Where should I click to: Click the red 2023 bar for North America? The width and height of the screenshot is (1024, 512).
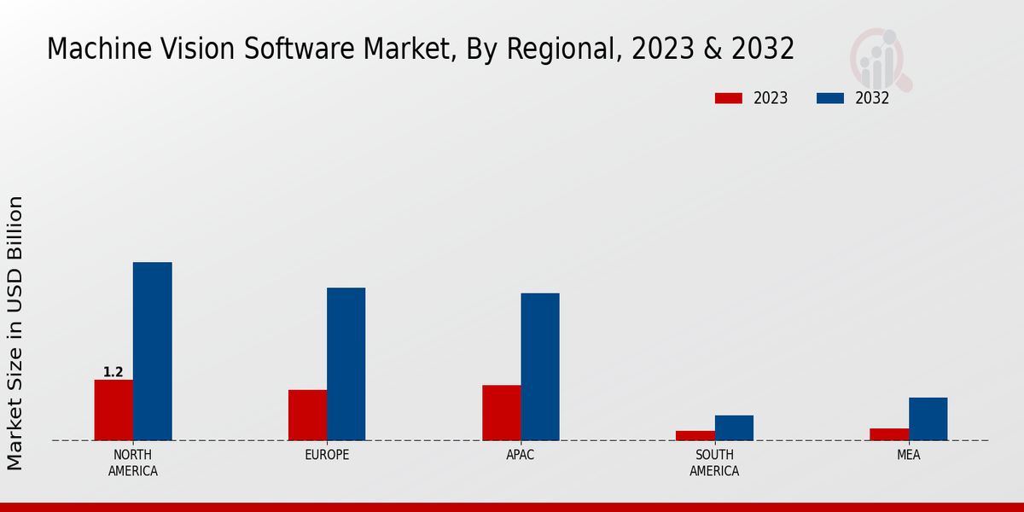[x=113, y=410]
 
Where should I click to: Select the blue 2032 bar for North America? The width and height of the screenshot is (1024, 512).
[x=152, y=352]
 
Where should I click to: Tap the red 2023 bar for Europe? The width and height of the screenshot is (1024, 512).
[x=307, y=416]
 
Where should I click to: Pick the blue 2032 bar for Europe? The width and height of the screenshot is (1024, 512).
[x=346, y=364]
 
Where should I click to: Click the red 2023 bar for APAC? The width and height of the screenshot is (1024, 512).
[x=501, y=413]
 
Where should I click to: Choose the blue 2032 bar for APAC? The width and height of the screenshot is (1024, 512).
[x=540, y=367]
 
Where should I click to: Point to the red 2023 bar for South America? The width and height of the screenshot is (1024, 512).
[x=695, y=436]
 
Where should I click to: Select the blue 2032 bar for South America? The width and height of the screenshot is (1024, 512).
[x=734, y=428]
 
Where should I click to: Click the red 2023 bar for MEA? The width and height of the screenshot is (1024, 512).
[x=888, y=434]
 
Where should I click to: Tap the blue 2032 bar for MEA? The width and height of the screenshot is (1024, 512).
[x=928, y=419]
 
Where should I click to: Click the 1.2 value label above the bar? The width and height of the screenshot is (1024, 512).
[x=113, y=372]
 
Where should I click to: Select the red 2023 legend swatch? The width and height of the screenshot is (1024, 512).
[x=728, y=98]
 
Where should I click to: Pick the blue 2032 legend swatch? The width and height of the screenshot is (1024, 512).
[x=829, y=98]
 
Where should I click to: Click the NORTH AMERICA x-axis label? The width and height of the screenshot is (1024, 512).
[x=133, y=463]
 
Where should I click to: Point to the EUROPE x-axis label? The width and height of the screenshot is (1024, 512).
[x=327, y=455]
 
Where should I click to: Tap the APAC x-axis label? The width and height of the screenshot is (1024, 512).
[x=521, y=455]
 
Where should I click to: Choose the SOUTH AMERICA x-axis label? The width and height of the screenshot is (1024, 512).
[x=714, y=463]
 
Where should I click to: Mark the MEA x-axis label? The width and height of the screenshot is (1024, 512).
[x=908, y=455]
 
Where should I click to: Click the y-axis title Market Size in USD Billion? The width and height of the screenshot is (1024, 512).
[x=15, y=333]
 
